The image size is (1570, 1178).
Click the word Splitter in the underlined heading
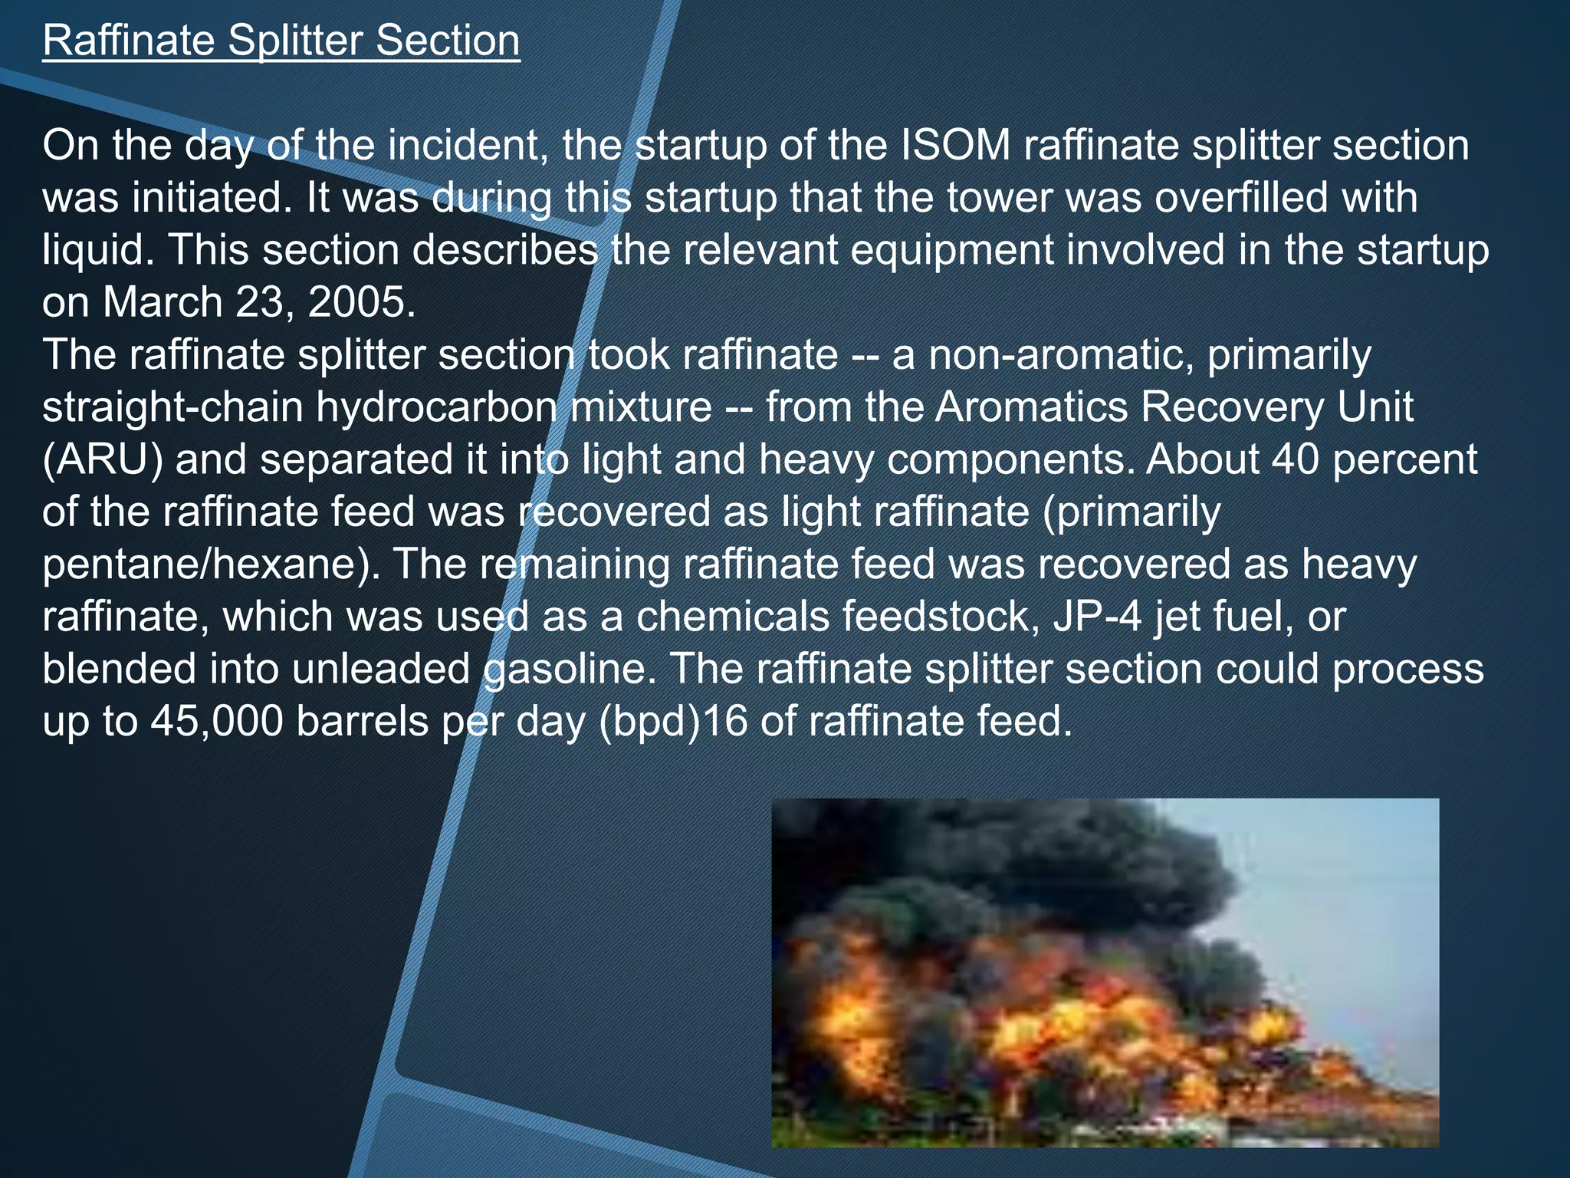coord(294,41)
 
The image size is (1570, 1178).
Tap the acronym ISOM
coord(956,145)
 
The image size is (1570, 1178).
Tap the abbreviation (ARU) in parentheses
coord(103,459)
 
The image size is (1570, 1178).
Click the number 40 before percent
coord(1296,459)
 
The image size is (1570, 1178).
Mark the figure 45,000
coord(217,721)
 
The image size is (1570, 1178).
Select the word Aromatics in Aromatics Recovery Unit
coord(1031,406)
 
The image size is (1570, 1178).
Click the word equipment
coord(952,250)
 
